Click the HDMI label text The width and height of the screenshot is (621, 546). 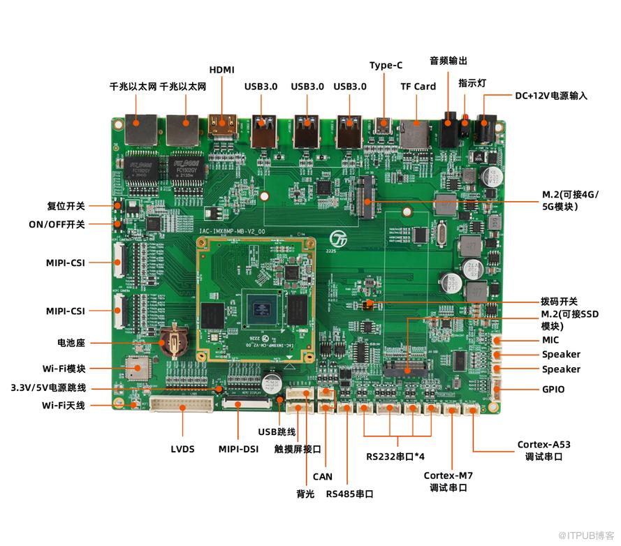[x=222, y=69]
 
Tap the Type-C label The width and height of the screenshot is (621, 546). [x=386, y=65]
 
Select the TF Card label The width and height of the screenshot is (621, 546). [x=418, y=87]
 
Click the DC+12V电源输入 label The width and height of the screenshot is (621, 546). [x=551, y=95]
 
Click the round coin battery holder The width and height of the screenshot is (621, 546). [x=172, y=342]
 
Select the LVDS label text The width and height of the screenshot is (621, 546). [x=182, y=449]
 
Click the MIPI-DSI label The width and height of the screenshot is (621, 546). [x=239, y=449]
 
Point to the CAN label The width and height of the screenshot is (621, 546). [x=323, y=477]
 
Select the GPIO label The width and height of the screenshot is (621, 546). [x=553, y=389]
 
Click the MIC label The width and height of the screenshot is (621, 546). [x=550, y=340]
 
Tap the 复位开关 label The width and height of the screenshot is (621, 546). [x=66, y=206]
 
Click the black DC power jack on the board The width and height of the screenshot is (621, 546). [x=483, y=130]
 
